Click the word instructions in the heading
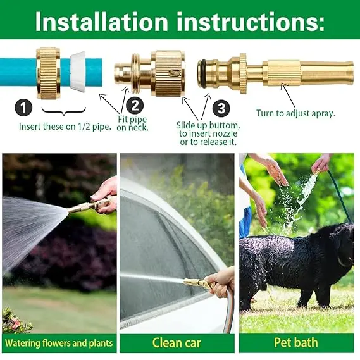(247, 21)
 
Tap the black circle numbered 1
(23, 108)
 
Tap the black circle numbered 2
(134, 106)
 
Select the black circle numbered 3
(220, 108)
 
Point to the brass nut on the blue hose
(48, 71)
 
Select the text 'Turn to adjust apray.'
(295, 114)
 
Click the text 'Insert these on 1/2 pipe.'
(65, 126)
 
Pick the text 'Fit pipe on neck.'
(133, 123)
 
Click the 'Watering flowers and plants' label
(59, 344)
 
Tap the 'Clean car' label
(177, 344)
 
